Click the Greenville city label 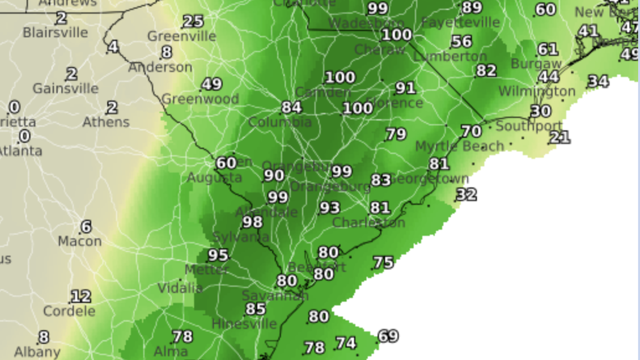point(181,37)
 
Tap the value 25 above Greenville point(193,22)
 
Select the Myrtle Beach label point(459,147)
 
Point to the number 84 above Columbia point(291,107)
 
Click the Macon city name point(80,241)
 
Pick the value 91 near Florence point(405,88)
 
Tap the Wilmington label point(537,91)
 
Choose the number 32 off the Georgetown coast point(467,194)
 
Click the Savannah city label point(275,295)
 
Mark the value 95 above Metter point(218,256)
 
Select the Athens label point(106,122)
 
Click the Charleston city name point(368,223)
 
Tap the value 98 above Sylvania point(252,222)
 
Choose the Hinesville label point(244,324)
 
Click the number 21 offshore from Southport point(560,137)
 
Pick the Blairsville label point(55,33)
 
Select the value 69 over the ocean point(388,336)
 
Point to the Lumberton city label point(450,57)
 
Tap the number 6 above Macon point(86,227)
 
